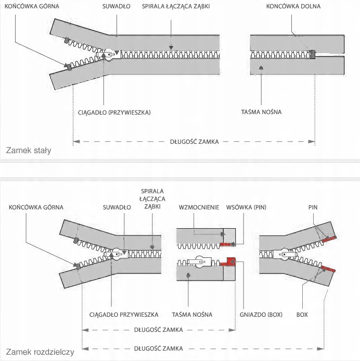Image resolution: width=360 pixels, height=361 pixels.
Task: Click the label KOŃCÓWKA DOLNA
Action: click(x=293, y=7)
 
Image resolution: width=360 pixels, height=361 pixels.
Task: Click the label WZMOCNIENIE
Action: click(x=199, y=207)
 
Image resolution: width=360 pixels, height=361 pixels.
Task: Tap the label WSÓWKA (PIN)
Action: click(x=246, y=207)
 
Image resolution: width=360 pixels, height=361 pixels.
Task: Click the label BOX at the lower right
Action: click(x=302, y=315)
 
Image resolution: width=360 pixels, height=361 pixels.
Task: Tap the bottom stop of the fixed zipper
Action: click(x=312, y=54)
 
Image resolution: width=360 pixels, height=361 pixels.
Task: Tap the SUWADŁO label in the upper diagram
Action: click(x=118, y=7)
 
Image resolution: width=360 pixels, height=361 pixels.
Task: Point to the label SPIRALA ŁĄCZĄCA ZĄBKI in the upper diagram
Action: click(x=172, y=7)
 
